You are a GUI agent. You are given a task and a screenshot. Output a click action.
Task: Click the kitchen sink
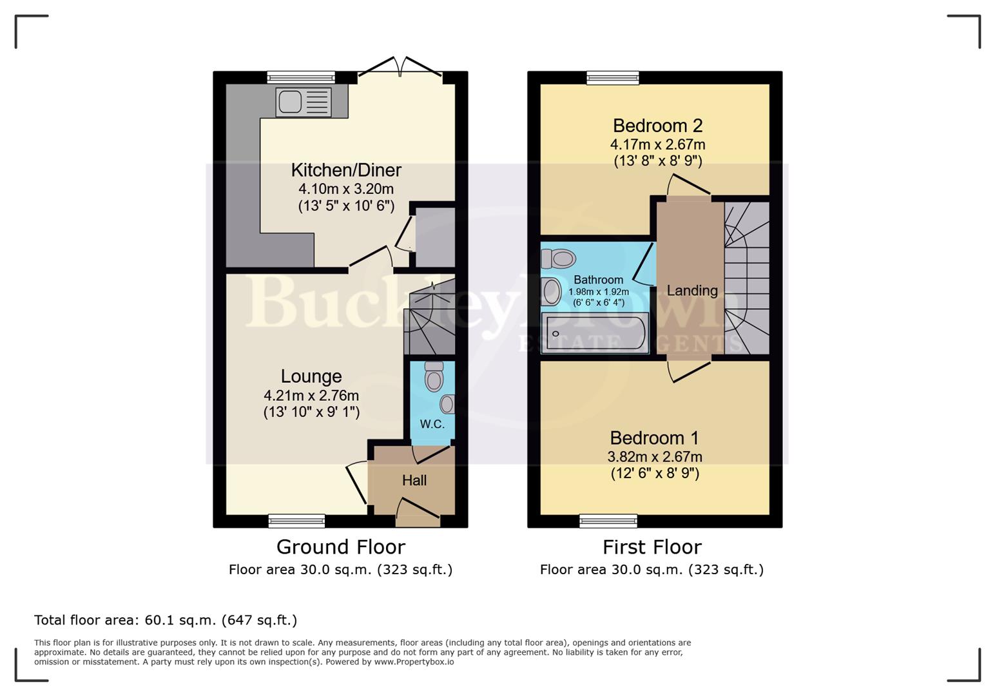tap(303, 102)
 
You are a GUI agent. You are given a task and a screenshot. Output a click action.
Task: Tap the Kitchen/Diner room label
tap(346, 170)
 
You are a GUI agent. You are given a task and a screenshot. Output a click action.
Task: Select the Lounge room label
tap(311, 376)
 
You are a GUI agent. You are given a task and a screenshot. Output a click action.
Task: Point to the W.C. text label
tap(432, 424)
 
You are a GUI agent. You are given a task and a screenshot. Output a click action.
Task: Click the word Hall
tap(414, 480)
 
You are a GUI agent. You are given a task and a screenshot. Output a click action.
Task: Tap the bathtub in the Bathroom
tap(595, 333)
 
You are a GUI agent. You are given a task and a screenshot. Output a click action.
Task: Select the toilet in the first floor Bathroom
tap(558, 259)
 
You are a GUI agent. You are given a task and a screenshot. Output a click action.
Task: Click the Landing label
tap(692, 291)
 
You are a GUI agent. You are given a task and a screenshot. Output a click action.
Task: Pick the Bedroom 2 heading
tap(657, 126)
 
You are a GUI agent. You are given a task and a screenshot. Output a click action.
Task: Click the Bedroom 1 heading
tap(654, 438)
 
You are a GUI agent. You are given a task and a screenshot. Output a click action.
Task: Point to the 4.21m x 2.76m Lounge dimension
tap(311, 396)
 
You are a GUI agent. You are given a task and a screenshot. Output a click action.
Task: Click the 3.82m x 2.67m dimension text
tap(655, 457)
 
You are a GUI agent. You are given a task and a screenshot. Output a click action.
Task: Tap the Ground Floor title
tap(340, 547)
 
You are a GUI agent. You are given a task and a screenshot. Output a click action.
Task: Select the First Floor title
tap(652, 547)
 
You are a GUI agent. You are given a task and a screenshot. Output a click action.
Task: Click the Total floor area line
tap(166, 620)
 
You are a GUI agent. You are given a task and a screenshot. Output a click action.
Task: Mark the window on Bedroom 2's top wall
tap(613, 78)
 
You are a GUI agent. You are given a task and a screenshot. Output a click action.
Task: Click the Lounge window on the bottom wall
tap(296, 521)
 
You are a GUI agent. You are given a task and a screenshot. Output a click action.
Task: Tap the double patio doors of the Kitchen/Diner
tap(400, 68)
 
